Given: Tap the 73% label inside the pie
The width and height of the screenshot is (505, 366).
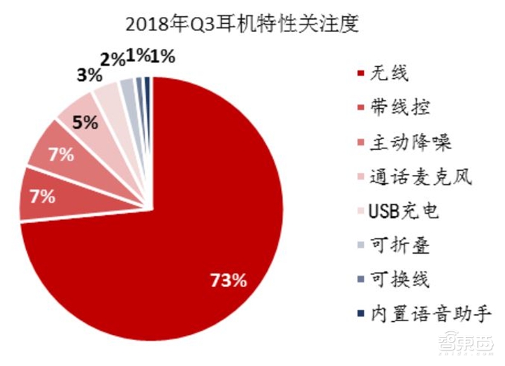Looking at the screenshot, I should click(x=227, y=280).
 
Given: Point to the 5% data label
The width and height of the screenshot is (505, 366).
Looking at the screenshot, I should click(x=84, y=122).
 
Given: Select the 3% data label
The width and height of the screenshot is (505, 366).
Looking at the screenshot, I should click(x=89, y=76).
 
